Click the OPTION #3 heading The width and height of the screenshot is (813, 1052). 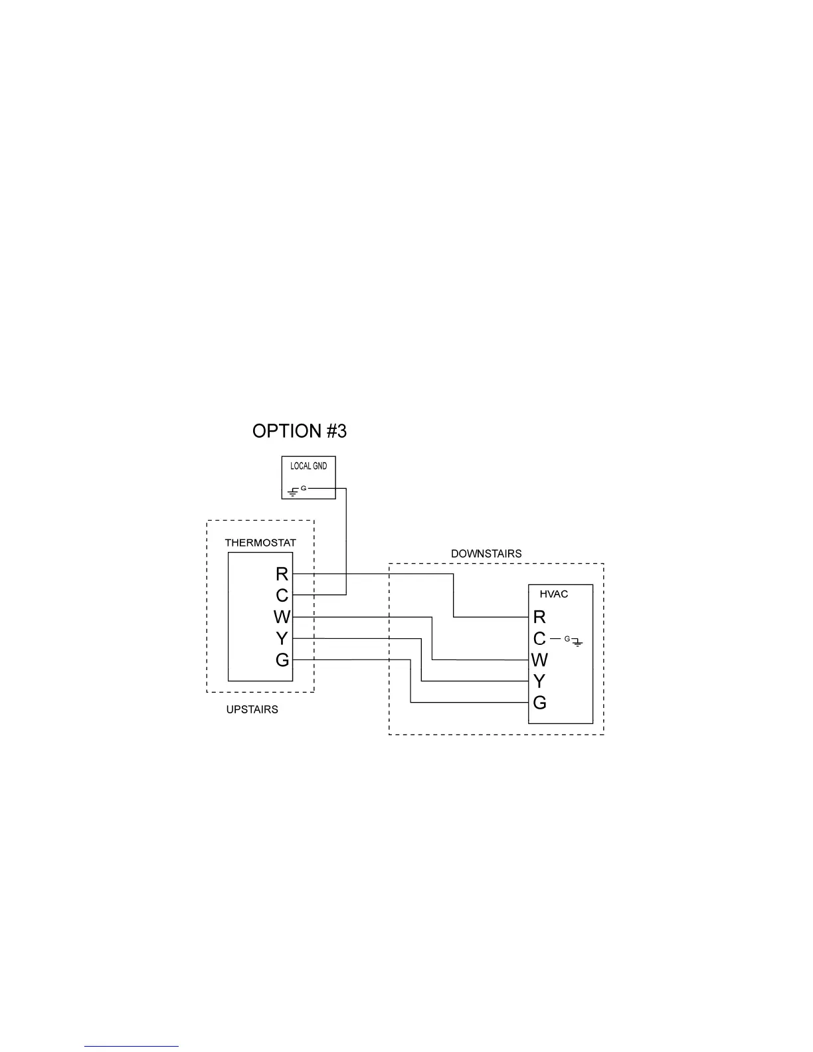pos(300,431)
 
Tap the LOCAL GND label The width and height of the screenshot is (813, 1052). pos(309,466)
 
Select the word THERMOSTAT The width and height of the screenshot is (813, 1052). pos(260,543)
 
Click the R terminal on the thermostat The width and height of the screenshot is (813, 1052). pos(282,574)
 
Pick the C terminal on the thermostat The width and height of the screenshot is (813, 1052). pos(282,595)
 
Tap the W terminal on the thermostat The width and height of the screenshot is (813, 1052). pos(282,617)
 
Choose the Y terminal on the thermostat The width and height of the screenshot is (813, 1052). pos(282,639)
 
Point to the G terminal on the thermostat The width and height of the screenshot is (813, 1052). pos(282,660)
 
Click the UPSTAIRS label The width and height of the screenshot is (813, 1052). pos(252,710)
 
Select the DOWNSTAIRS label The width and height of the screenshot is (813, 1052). pos(486,553)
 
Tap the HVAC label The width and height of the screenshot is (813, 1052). pos(553,594)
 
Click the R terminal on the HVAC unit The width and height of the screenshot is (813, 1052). pos(539,618)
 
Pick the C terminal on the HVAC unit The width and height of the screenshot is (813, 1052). pos(539,639)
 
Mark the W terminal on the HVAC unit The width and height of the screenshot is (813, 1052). pos(539,660)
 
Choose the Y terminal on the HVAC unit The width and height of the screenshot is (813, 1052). pos(539,681)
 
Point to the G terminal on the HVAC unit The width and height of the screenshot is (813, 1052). pos(539,703)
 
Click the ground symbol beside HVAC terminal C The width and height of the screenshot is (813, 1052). pos(578,642)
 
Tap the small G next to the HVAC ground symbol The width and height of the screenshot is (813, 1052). pos(567,638)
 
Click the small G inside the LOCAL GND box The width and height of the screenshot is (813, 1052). pos(304,488)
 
